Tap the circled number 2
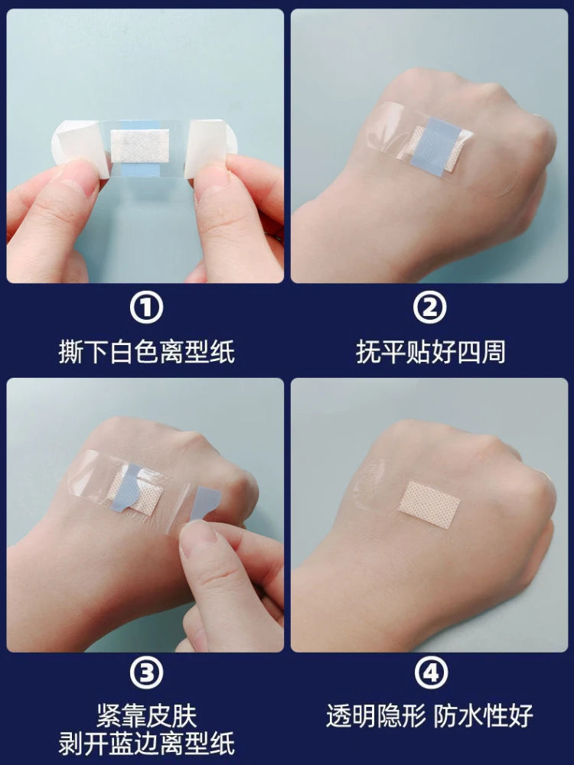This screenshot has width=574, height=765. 429,308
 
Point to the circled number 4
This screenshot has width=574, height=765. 429,673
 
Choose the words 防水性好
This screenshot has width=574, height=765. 484,716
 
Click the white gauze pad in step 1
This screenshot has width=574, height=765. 139,145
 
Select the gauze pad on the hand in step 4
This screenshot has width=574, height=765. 429,500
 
